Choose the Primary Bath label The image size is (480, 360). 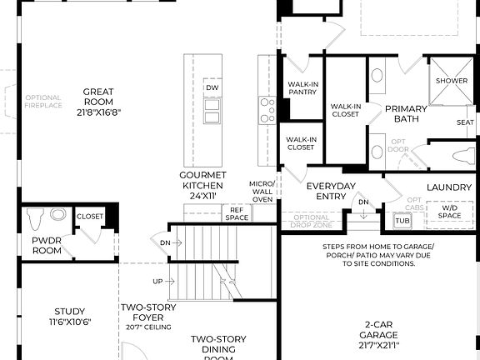tap(406, 114)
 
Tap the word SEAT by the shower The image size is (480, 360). tap(465, 122)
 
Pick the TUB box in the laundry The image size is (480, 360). tap(402, 221)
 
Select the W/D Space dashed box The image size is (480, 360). tap(449, 213)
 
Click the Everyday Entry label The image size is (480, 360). tap(331, 191)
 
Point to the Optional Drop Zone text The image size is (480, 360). tap(311, 222)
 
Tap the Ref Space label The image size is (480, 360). tap(237, 213)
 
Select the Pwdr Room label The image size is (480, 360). tap(47, 245)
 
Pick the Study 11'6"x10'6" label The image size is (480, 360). tap(70, 317)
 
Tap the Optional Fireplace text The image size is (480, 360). tap(43, 102)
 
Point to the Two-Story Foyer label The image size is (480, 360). tap(147, 312)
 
